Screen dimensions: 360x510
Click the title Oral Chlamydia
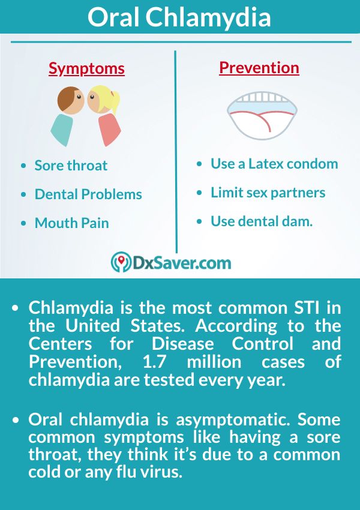tap(179, 17)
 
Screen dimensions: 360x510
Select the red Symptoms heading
tap(86, 68)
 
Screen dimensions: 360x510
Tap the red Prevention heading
tap(259, 68)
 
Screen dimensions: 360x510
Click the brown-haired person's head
tap(71, 100)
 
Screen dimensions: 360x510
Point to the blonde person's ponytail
tap(115, 100)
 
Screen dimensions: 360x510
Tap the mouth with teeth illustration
tap(262, 115)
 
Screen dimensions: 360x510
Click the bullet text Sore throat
tap(71, 166)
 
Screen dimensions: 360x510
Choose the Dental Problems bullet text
tap(88, 194)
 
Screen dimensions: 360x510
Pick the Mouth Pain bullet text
tap(72, 223)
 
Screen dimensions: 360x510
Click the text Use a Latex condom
tap(274, 164)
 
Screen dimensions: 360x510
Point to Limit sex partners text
tap(268, 193)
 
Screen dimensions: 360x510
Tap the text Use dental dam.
tap(262, 221)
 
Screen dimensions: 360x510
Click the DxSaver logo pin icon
tap(121, 262)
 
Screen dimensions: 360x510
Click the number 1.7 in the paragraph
tap(154, 362)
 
